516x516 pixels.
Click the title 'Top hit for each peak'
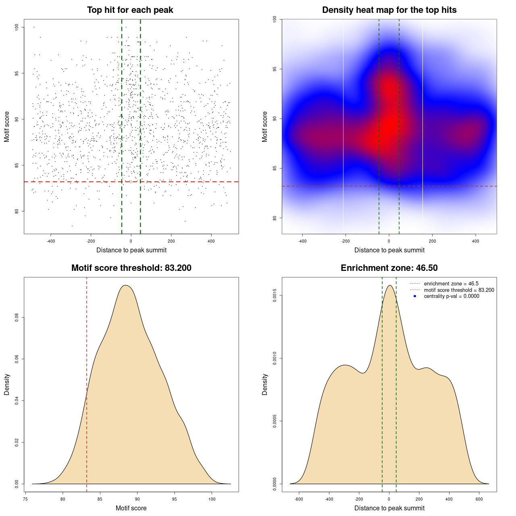point(130,10)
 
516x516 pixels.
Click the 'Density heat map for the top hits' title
point(389,10)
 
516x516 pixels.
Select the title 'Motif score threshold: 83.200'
point(131,268)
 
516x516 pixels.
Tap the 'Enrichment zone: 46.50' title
point(389,268)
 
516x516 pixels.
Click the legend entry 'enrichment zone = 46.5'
point(451,284)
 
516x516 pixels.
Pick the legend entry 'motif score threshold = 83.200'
point(459,290)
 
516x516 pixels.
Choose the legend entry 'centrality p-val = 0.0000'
point(451,296)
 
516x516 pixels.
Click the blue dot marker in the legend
point(415,296)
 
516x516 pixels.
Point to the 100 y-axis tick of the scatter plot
point(17,27)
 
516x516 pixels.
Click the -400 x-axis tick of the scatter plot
point(51,241)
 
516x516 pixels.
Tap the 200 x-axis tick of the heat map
point(432,241)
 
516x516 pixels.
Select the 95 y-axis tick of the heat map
point(275,69)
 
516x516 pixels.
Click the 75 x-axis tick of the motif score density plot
point(25,499)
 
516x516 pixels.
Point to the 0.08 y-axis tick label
point(17,318)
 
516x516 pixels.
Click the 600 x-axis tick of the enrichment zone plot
point(479,499)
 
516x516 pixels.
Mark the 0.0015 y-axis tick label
point(275,295)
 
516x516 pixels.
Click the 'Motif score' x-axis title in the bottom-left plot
point(131,508)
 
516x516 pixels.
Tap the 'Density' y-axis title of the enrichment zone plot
point(265,384)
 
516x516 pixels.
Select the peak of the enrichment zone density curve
point(389,285)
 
